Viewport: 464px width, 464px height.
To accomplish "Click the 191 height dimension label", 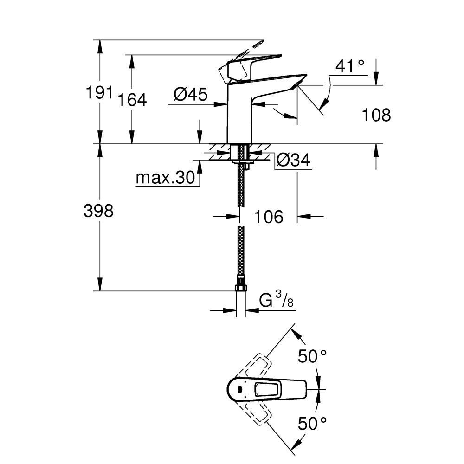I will [x=100, y=92].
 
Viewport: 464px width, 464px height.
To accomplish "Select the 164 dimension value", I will [x=132, y=99].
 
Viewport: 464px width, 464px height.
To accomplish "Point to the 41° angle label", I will [x=350, y=66].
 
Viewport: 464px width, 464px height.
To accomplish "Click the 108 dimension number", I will [x=376, y=115].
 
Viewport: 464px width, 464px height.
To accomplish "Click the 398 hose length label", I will [x=98, y=211].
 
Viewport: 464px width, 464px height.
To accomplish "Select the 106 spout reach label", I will [x=269, y=216].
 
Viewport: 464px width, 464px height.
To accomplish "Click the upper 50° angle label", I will [x=312, y=356].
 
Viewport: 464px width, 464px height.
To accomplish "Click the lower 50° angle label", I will [x=312, y=423].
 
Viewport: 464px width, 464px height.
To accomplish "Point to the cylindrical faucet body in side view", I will [x=239, y=116].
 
